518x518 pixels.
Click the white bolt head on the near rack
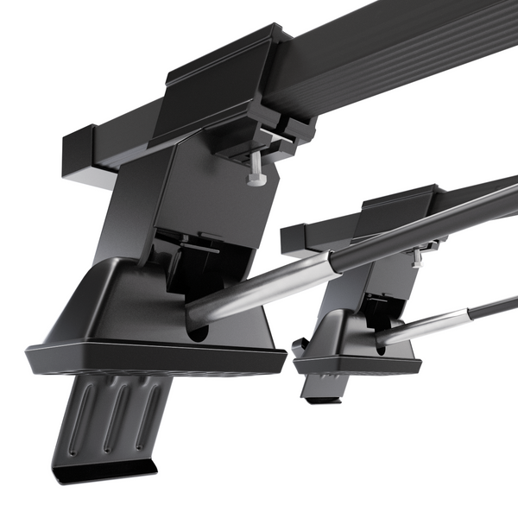tap(256, 178)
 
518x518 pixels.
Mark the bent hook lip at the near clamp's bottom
tap(104, 471)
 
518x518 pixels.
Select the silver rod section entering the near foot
tap(259, 289)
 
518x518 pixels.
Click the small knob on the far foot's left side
tap(300, 346)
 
